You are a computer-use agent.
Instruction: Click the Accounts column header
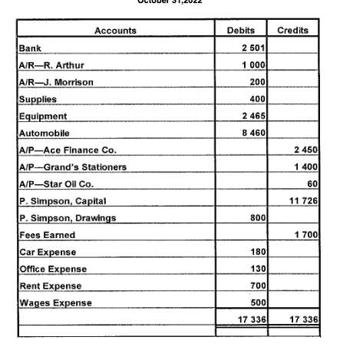click(x=116, y=31)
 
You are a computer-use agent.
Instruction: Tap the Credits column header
click(x=294, y=31)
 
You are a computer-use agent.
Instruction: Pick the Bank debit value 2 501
click(x=253, y=48)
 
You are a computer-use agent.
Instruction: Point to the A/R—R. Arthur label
click(x=51, y=65)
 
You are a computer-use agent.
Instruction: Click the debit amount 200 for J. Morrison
click(x=258, y=82)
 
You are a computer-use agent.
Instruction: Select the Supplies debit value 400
click(x=258, y=99)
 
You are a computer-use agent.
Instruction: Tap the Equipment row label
click(x=43, y=116)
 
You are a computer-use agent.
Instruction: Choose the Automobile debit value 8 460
click(x=253, y=133)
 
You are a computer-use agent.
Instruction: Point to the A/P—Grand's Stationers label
click(x=73, y=167)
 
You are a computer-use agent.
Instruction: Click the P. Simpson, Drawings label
click(x=68, y=217)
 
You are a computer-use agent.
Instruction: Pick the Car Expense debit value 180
click(x=258, y=251)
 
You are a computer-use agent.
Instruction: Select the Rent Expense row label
click(x=51, y=286)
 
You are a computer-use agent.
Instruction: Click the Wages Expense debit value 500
click(x=258, y=302)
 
